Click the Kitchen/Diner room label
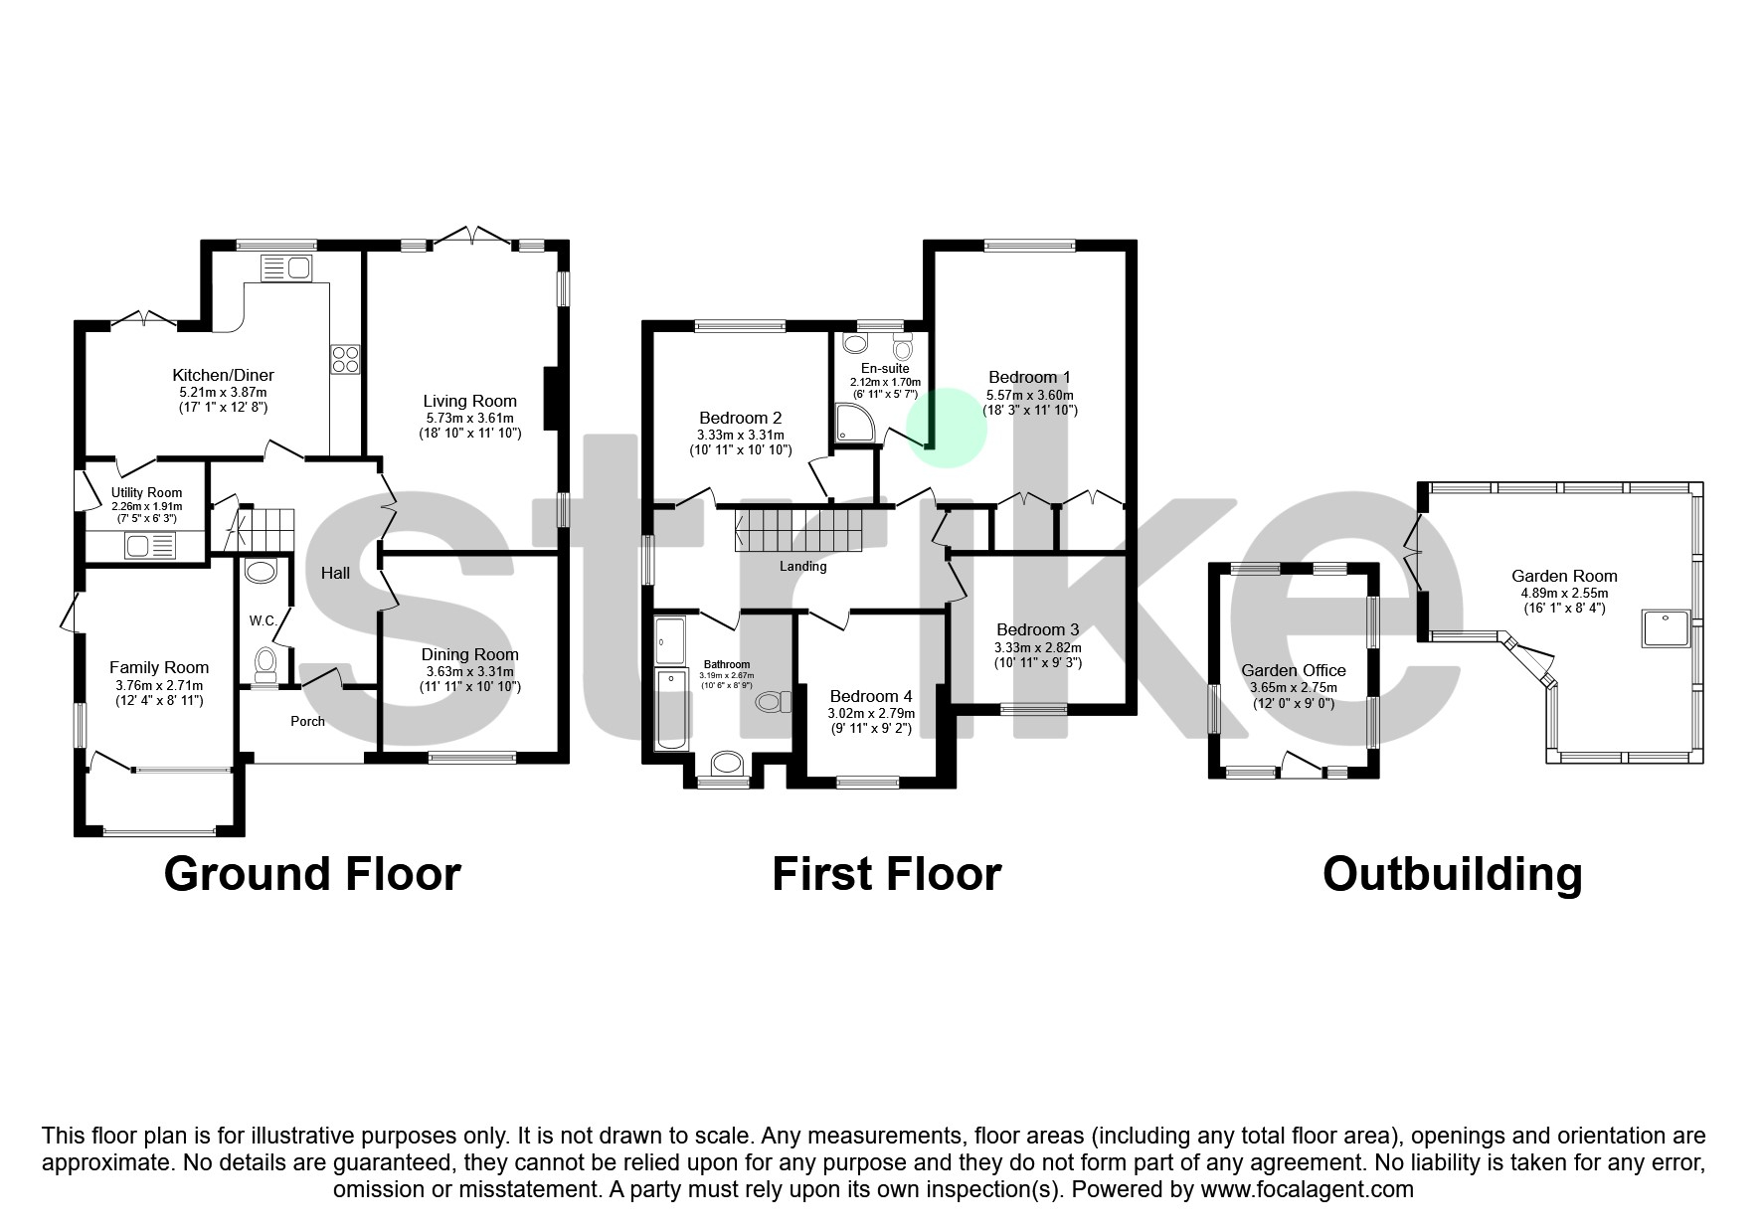click(223, 375)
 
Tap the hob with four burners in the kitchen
click(345, 358)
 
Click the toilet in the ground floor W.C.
click(264, 662)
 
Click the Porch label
click(307, 721)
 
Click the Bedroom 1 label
click(1029, 377)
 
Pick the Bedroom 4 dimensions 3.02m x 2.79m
click(871, 713)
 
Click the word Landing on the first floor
click(802, 566)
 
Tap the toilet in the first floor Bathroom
click(772, 702)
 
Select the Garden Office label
click(1293, 670)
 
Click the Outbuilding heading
click(1452, 874)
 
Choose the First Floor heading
click(886, 874)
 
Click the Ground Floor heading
click(312, 874)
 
